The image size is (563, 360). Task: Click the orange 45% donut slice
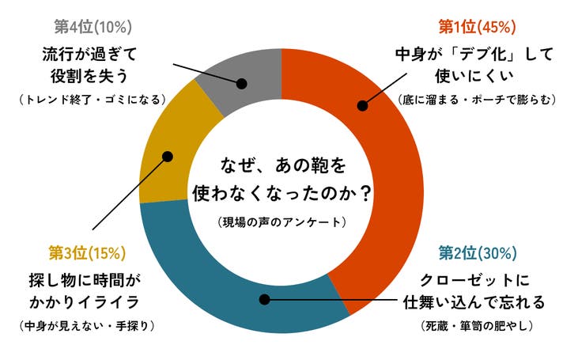[x=380, y=182]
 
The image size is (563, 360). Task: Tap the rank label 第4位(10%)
[x=92, y=27]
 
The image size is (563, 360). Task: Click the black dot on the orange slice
[x=363, y=104]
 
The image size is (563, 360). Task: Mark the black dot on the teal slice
[x=266, y=299]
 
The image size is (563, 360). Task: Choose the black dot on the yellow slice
[x=168, y=157]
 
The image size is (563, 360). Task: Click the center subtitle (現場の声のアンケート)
[x=281, y=222]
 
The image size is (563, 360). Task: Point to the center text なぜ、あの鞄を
[x=281, y=165]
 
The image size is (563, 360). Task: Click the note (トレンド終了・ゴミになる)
[x=92, y=100]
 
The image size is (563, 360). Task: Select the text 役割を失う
[x=92, y=78]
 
